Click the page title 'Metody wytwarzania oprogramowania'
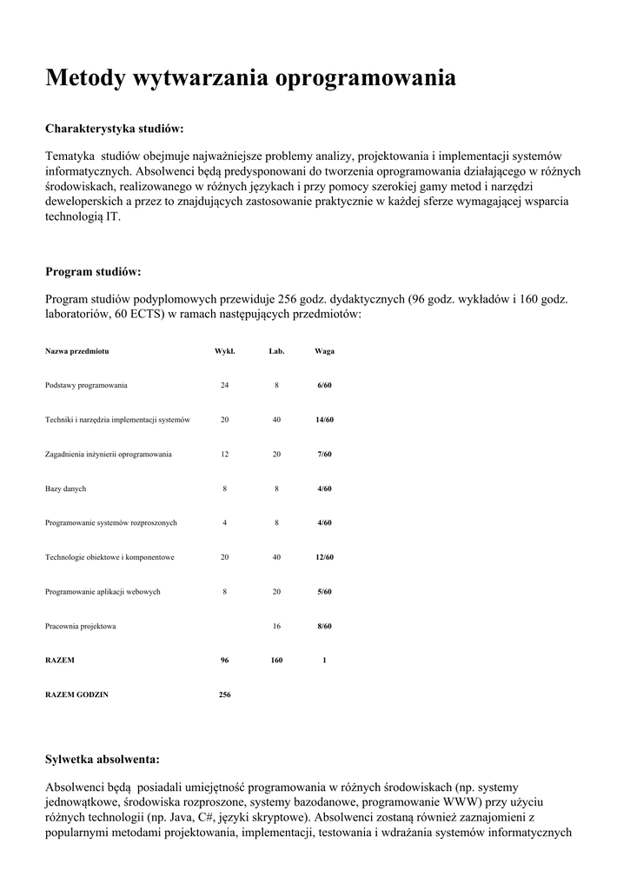(250, 78)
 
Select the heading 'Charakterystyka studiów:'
(114, 129)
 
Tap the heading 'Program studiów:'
(93, 272)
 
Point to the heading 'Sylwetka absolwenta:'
(103, 759)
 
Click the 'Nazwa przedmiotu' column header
(76, 351)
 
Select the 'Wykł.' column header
(224, 351)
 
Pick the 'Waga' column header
(324, 351)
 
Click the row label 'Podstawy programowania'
(86, 385)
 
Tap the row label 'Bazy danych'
(65, 488)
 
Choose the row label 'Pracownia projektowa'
(81, 626)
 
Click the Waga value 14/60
(324, 420)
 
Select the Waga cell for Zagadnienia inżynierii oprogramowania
(324, 454)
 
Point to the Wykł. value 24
(224, 385)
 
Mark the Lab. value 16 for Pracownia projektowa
(276, 626)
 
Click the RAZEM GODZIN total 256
(224, 695)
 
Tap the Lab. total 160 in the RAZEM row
(276, 661)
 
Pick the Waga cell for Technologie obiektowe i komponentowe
(324, 557)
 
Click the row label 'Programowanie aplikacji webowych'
(103, 592)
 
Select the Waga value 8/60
(324, 626)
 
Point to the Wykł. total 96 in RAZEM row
(224, 661)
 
